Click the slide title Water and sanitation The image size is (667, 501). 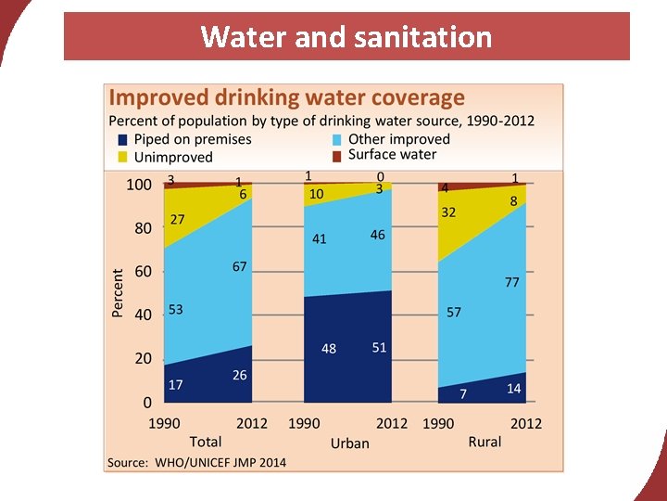pos(346,37)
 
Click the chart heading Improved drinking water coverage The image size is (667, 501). pos(287,97)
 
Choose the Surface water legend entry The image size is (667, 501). pos(391,154)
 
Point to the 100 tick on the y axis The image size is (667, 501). pos(139,185)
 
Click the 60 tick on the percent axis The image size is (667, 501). pos(143,272)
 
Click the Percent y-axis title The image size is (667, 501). pos(118,293)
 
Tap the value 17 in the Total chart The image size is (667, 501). pos(175,384)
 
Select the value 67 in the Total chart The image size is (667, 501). pos(240,266)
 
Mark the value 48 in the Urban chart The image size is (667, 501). pos(329,349)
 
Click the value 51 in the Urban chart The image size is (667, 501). pos(379,347)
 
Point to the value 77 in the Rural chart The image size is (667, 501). pos(512,282)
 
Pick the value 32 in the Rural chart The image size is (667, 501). pos(448,212)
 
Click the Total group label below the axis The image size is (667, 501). pos(206,442)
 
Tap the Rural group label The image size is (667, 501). pos(485,442)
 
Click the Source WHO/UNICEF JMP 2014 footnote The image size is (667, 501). pos(197,462)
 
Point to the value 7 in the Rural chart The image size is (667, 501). pos(463,393)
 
